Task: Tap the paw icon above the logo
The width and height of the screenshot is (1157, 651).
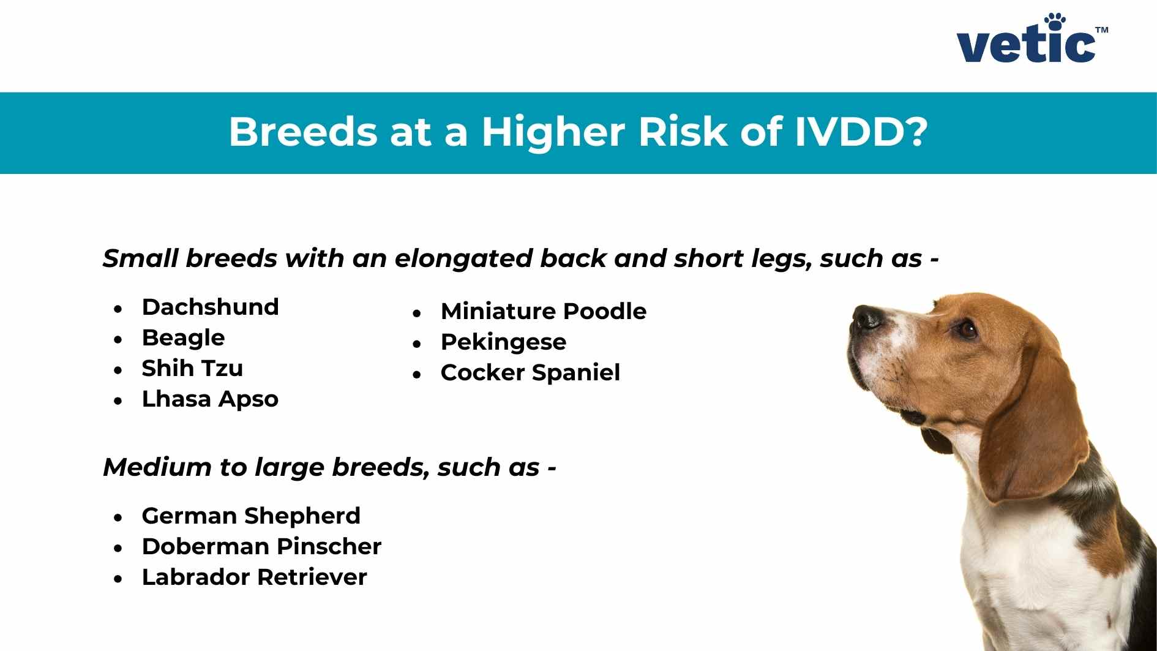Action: click(x=1055, y=21)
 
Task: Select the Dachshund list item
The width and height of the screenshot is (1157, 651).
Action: click(x=210, y=307)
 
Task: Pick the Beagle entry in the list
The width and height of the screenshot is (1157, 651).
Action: click(x=183, y=338)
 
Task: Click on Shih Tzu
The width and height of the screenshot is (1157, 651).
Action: click(x=192, y=369)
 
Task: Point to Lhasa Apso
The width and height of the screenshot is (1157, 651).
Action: click(x=210, y=399)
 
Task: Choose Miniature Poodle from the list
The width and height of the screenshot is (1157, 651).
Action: click(x=543, y=312)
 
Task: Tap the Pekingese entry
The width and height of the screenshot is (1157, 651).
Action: click(x=503, y=342)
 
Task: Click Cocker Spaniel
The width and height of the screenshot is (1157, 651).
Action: click(x=530, y=373)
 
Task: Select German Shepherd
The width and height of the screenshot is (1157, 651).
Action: click(x=251, y=516)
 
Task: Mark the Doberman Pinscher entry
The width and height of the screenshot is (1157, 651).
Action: click(x=261, y=547)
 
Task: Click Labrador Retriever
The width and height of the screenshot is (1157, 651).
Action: click(x=254, y=578)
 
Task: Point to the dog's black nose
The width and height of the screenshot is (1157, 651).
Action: click(x=865, y=317)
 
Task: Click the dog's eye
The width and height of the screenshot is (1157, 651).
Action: click(x=967, y=330)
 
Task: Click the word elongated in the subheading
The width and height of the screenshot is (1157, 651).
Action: click(x=463, y=259)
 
